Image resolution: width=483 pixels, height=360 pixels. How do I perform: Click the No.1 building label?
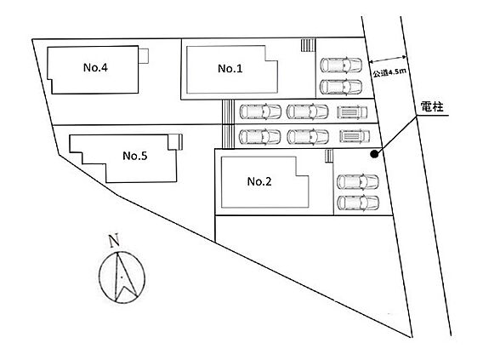[230, 68]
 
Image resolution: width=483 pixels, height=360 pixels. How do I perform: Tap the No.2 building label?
[259, 181]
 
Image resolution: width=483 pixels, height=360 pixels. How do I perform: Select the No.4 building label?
[95, 67]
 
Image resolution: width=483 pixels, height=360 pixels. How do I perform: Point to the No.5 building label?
[135, 156]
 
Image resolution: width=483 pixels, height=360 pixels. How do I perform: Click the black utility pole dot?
[374, 154]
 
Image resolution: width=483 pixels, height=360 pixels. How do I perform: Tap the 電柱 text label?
[432, 107]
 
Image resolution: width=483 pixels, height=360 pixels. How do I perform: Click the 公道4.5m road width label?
[389, 72]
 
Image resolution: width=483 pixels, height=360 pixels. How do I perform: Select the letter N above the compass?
[114, 241]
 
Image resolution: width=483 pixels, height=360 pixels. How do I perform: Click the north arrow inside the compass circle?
[123, 276]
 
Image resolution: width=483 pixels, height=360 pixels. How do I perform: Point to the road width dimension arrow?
[388, 60]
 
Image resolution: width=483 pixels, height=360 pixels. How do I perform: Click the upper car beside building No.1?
[341, 65]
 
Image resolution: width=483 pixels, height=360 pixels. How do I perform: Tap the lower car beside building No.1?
[341, 87]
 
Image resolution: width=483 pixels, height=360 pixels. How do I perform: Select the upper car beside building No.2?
[358, 182]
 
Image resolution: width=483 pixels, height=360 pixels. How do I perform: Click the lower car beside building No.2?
[358, 203]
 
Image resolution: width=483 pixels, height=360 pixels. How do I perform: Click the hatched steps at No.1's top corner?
[308, 45]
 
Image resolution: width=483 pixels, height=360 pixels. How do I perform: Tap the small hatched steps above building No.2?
[329, 156]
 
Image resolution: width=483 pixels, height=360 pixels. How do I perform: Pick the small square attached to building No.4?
[144, 56]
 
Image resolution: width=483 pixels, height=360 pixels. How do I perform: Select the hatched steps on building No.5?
[180, 142]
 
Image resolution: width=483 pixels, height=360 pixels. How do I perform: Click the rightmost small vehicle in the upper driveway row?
[352, 112]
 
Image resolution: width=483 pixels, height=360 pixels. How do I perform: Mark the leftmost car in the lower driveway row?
[260, 137]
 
